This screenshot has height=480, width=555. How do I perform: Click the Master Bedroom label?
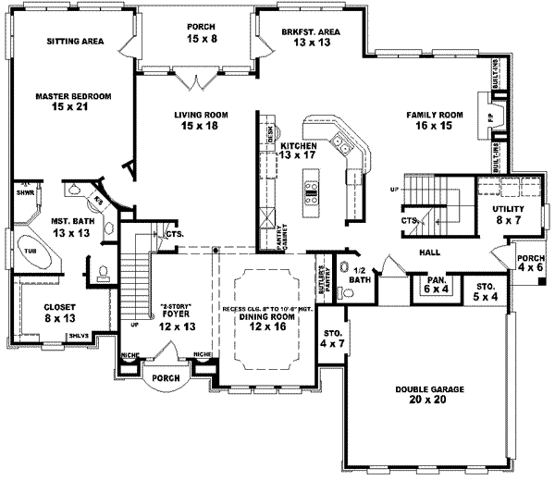[x=73, y=101]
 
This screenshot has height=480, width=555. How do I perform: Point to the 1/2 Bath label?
[x=360, y=274]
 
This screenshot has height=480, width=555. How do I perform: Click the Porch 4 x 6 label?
[x=531, y=263]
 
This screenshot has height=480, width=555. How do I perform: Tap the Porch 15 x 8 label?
[x=202, y=31]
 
